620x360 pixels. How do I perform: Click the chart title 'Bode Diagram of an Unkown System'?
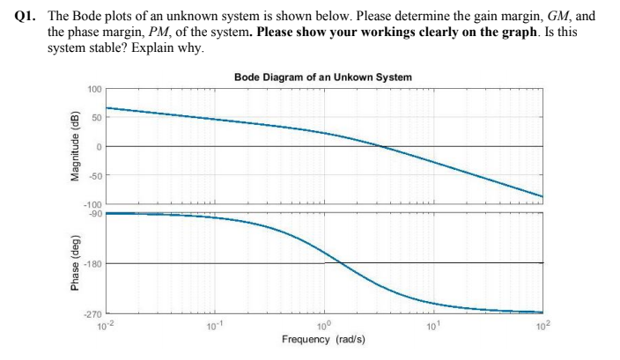tap(323, 77)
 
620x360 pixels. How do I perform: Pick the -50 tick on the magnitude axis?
tap(96, 175)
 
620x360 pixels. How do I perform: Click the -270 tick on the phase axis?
tap(93, 314)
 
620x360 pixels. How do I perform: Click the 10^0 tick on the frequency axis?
tap(324, 324)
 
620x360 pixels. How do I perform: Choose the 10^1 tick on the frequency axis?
tap(433, 324)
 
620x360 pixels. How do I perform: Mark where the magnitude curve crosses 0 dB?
tap(380, 146)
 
